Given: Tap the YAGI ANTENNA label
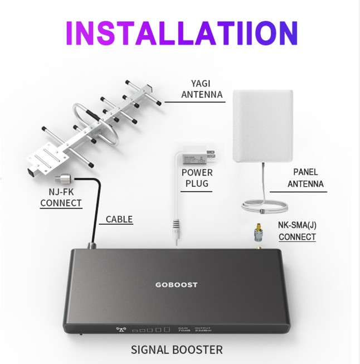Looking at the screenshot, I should [202, 89].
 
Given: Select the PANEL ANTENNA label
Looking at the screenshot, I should [308, 178].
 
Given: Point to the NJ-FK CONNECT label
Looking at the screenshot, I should [61, 197].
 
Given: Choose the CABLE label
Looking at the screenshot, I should [119, 219].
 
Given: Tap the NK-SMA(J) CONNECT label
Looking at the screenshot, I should [298, 231].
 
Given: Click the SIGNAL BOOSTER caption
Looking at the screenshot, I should [177, 350].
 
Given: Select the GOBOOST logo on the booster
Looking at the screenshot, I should [176, 285].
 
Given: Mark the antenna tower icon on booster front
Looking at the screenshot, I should [121, 328].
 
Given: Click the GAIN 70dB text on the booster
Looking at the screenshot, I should [182, 329].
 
